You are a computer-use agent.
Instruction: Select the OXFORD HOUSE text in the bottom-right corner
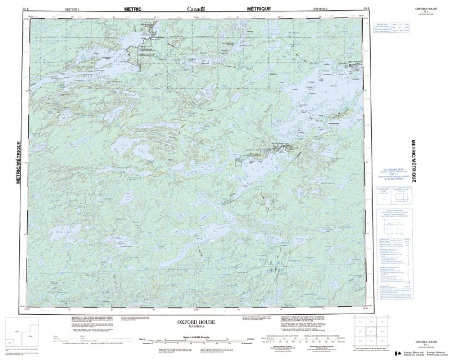tap(427, 342)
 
